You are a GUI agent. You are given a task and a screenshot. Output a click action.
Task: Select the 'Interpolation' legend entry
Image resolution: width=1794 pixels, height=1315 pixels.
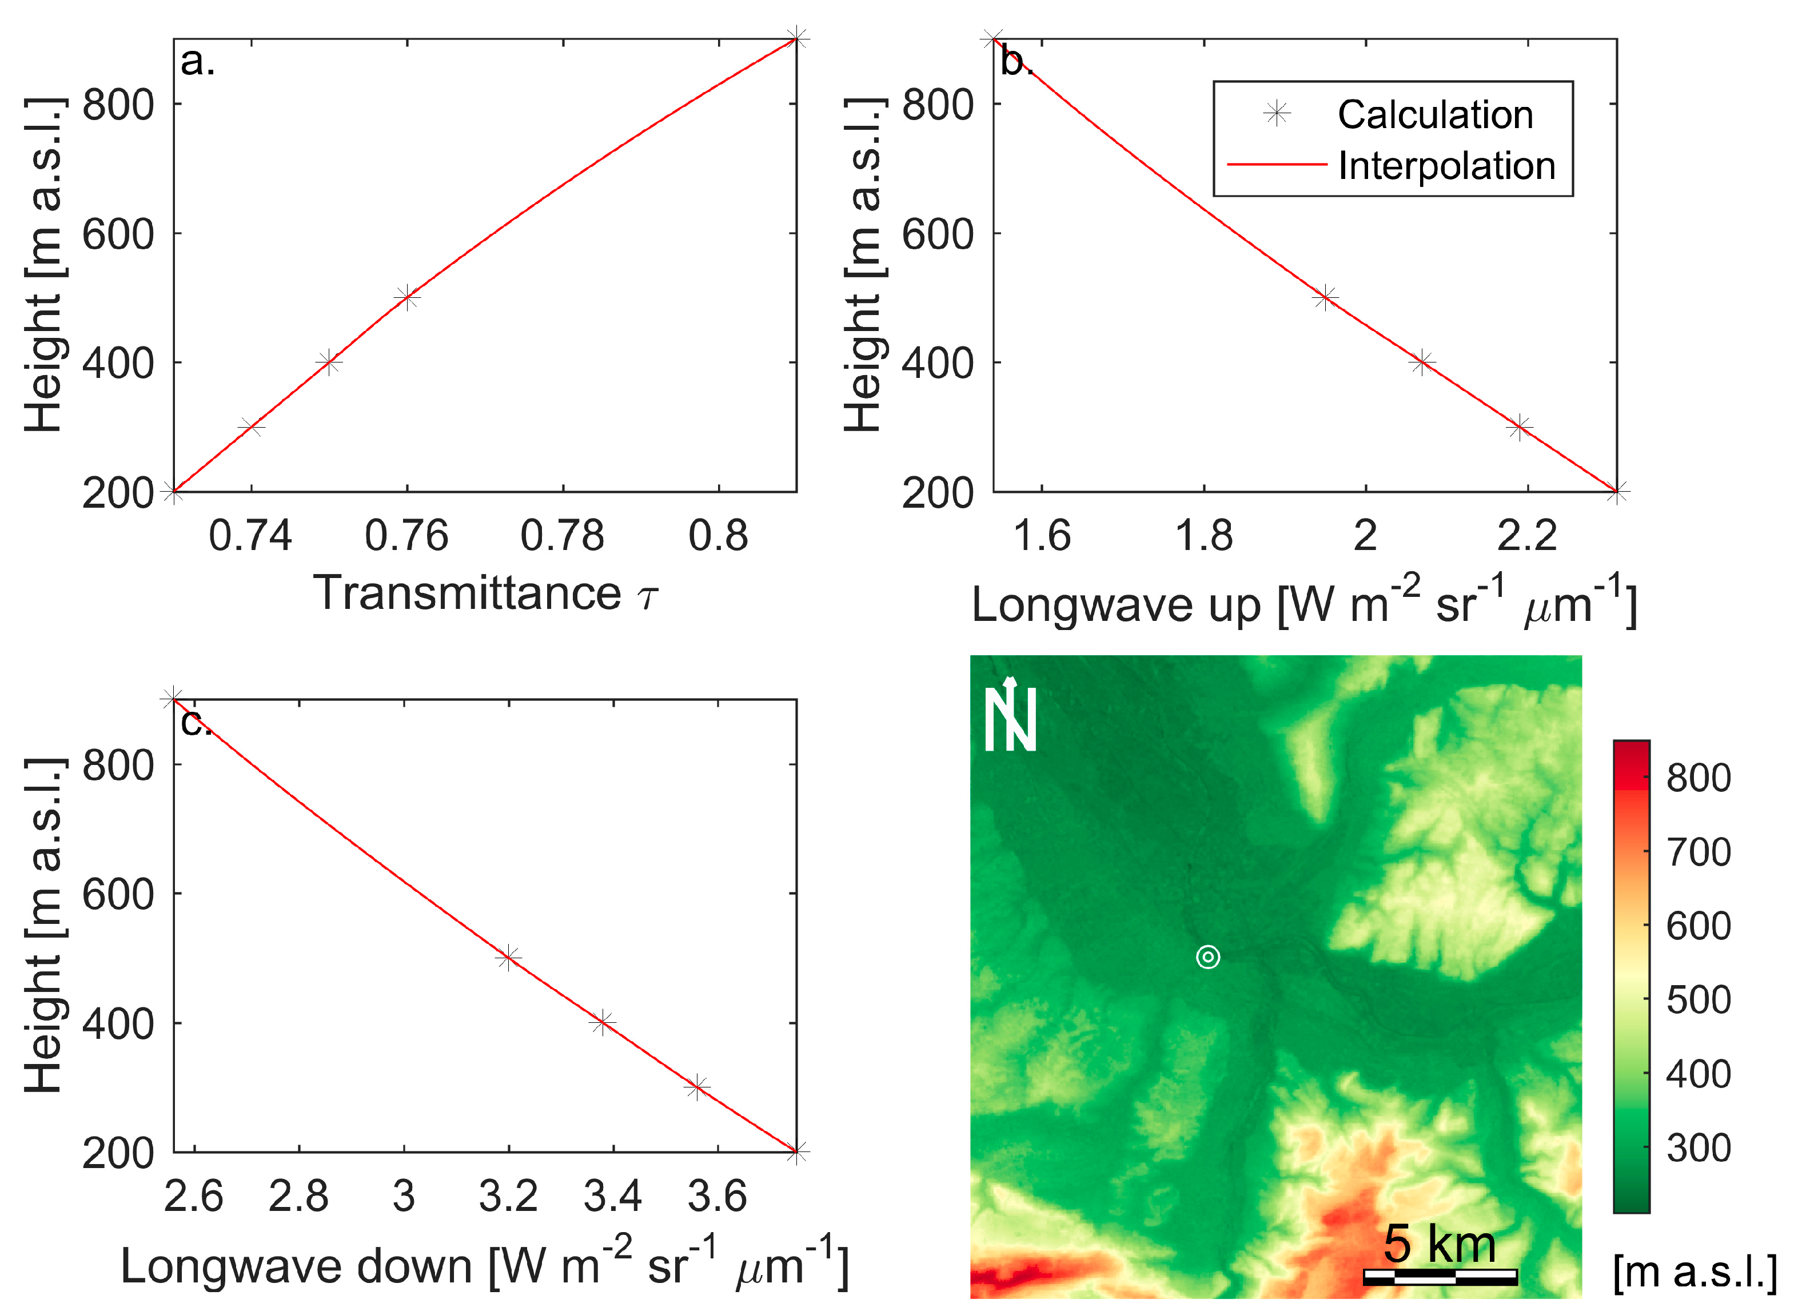(x=1445, y=166)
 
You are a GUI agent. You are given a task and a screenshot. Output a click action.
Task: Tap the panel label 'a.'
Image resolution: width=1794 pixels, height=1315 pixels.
(x=197, y=61)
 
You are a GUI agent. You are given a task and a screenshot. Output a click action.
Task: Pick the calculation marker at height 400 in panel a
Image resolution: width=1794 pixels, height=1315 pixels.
(x=329, y=362)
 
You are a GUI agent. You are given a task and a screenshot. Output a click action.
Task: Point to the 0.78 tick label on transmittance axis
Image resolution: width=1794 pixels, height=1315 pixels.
(x=562, y=536)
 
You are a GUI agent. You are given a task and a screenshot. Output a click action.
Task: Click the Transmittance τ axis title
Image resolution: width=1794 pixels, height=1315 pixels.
(x=485, y=593)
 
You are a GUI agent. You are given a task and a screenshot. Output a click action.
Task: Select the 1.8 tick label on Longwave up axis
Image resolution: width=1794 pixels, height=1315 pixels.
(x=1203, y=536)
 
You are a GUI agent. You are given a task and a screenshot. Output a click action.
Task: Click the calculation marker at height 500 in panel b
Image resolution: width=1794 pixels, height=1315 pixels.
(x=1325, y=298)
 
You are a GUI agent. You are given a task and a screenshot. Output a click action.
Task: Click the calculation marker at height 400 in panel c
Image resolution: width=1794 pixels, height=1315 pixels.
(x=603, y=1022)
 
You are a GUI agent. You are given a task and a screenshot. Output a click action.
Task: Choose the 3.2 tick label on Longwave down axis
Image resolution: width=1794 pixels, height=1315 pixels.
(x=508, y=1197)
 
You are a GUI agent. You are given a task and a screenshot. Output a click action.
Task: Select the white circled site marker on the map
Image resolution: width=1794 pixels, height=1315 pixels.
(x=1207, y=957)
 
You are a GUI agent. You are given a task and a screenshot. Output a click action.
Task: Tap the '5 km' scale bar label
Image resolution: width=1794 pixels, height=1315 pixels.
(x=1439, y=1244)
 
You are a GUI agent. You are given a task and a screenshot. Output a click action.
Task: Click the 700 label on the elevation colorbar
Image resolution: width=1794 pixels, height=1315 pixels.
(x=1698, y=852)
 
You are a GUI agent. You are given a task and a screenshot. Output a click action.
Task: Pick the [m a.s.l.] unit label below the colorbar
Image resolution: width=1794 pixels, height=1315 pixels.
(x=1694, y=1272)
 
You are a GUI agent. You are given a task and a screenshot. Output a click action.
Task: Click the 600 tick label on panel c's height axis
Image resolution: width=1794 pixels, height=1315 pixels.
(x=118, y=894)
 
